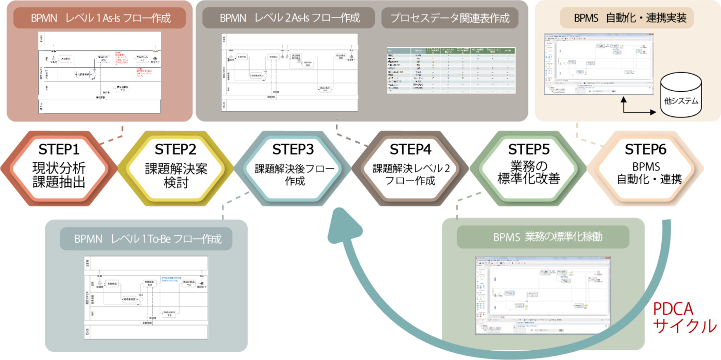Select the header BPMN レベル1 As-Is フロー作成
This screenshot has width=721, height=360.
pyautogui.click(x=100, y=19)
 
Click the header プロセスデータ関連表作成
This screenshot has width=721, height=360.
pyautogui.click(x=450, y=18)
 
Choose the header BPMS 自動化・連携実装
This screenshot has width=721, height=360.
pyautogui.click(x=626, y=19)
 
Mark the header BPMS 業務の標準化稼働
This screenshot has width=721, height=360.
pyautogui.click(x=543, y=237)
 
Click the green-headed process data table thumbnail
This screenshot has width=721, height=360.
pyautogui.click(x=451, y=70)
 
